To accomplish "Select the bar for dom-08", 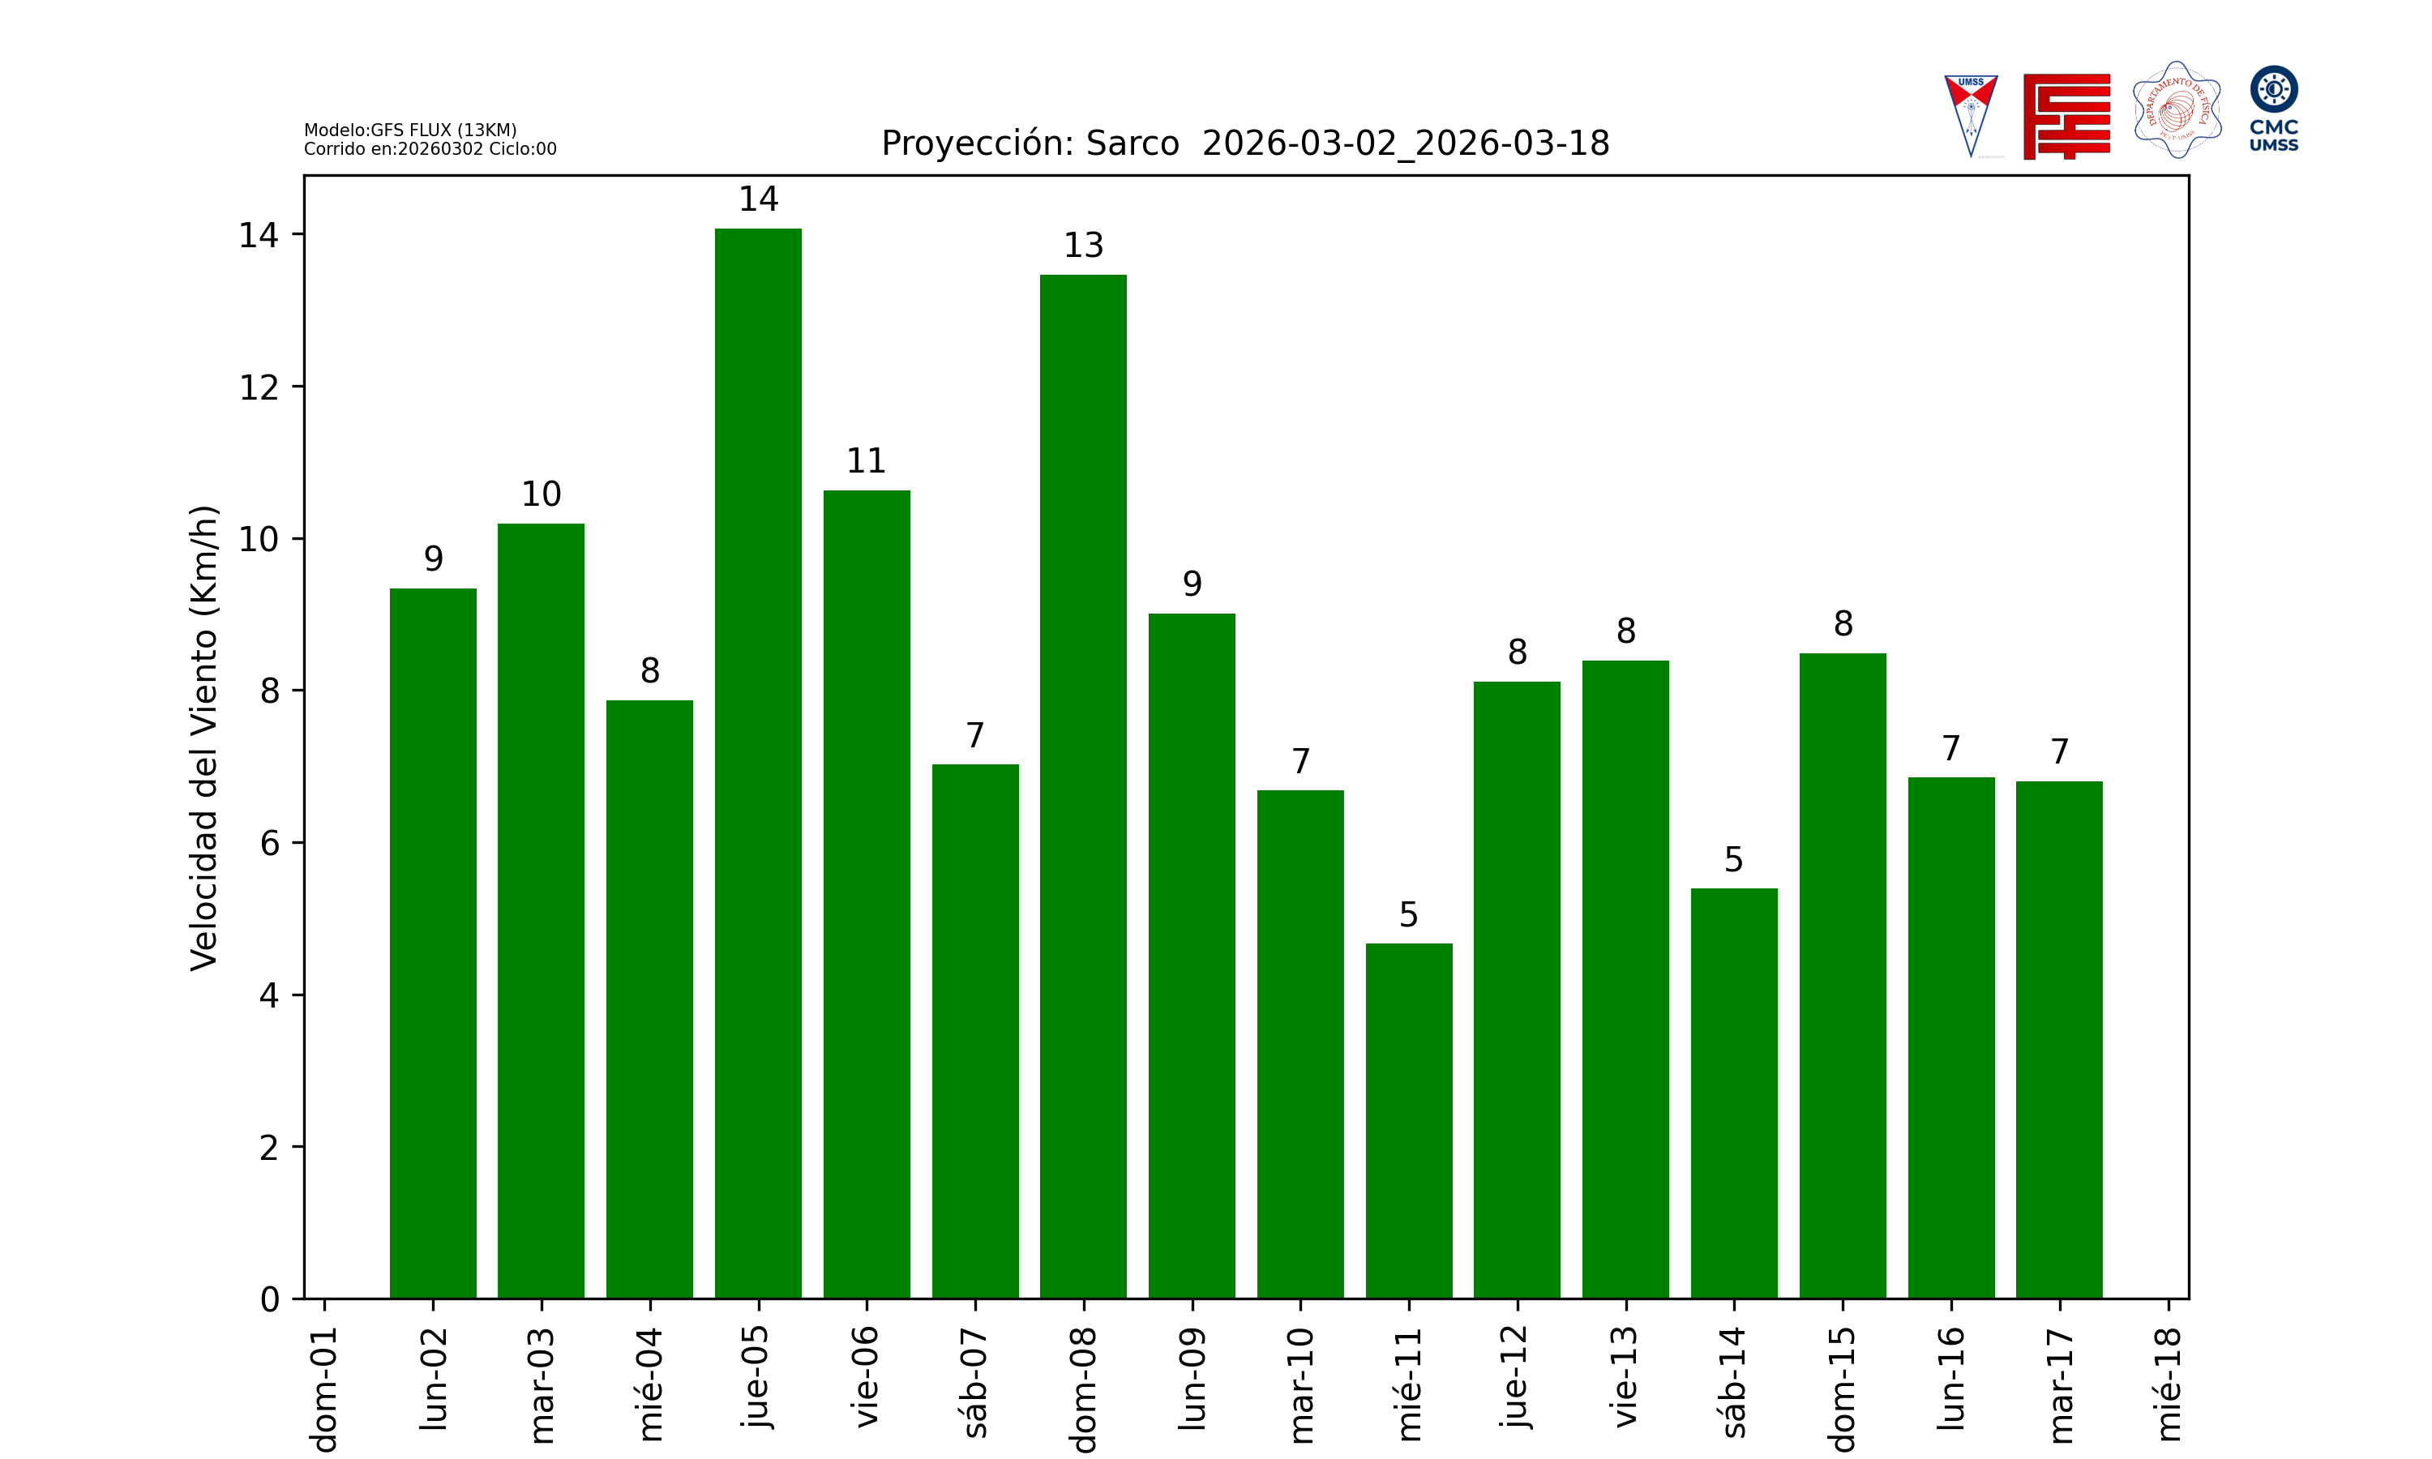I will click(1083, 786).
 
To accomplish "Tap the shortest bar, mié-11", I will click(1409, 1121).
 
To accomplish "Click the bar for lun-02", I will click(433, 943).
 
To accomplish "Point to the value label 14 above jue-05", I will click(758, 199).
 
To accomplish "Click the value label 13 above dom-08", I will click(1083, 246).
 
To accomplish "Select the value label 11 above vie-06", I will click(866, 461).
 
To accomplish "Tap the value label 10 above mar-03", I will click(541, 494).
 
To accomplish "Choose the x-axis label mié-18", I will click(2168, 1384).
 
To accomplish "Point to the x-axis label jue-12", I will click(1517, 1376).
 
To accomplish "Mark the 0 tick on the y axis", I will click(269, 1300).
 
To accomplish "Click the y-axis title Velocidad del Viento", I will click(203, 738).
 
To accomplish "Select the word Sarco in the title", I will click(1132, 143).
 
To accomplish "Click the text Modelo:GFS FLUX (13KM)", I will click(410, 130).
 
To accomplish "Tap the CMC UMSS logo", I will click(2274, 108).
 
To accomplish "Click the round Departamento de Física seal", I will click(2177, 110).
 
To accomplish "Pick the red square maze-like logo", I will click(2066, 116).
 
